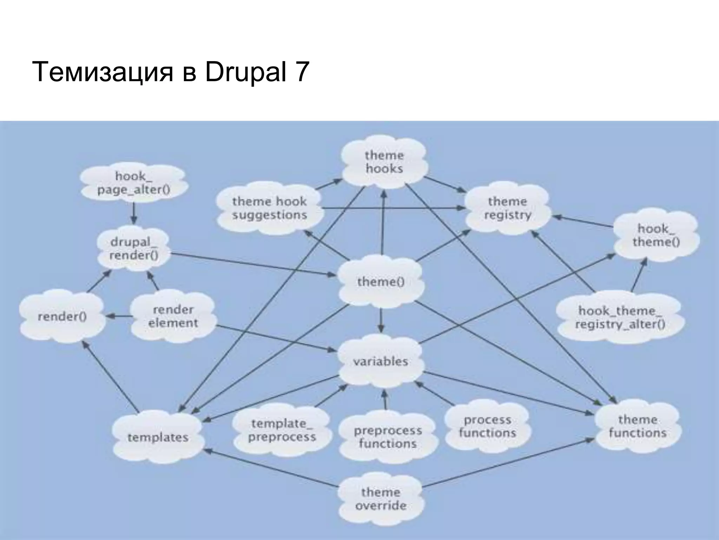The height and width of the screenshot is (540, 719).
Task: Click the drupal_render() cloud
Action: pyautogui.click(x=133, y=249)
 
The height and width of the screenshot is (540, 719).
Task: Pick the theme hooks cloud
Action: pyautogui.click(x=384, y=162)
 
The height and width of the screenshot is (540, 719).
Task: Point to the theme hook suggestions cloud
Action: pyautogui.click(x=269, y=208)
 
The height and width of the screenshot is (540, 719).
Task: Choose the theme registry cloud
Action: pyautogui.click(x=508, y=208)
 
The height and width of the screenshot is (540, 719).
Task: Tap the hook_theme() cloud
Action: pyautogui.click(x=655, y=235)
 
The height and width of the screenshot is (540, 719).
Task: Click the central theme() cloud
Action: pyautogui.click(x=381, y=282)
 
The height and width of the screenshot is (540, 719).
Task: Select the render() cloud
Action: pyautogui.click(x=62, y=317)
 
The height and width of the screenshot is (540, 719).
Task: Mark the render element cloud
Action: pyautogui.click(x=173, y=316)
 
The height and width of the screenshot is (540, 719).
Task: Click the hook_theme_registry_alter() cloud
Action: pyautogui.click(x=620, y=317)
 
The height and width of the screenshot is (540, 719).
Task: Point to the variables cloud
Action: pyautogui.click(x=381, y=361)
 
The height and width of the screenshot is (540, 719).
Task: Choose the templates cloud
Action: pyautogui.click(x=158, y=437)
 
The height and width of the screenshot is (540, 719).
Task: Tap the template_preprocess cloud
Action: pyautogui.click(x=282, y=430)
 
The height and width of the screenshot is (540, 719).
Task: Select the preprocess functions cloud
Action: pyautogui.click(x=388, y=437)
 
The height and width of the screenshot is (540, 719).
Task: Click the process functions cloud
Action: pyautogui.click(x=487, y=426)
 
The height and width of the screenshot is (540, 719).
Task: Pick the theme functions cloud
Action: pyautogui.click(x=638, y=426)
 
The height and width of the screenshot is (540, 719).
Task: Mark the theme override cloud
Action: pyautogui.click(x=381, y=499)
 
